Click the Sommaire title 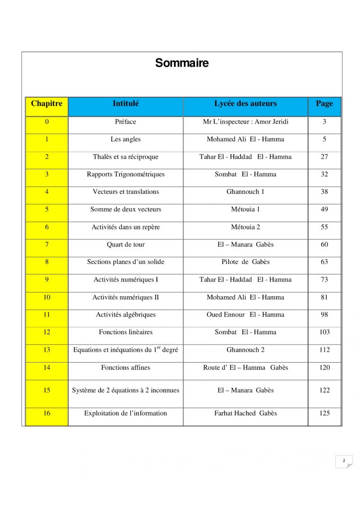pos(182,63)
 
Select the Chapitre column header pos(46,104)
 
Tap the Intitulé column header pos(126,104)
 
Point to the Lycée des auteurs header pos(245,104)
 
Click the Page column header pos(324,104)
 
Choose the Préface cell pos(126,122)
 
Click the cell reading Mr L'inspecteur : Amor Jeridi pos(245,122)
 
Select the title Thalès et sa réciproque pos(126,157)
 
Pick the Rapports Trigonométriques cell pos(126,174)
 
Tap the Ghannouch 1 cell pos(245,192)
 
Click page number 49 pos(324,209)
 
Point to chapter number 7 pos(46,245)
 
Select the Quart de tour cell pos(126,245)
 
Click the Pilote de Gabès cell pos(245,262)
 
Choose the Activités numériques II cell pos(126,298)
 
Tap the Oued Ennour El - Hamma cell pos(245,315)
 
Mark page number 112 pos(324,350)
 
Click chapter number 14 pos(46,367)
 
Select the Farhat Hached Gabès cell pos(245,413)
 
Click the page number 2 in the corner pos(344,461)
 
